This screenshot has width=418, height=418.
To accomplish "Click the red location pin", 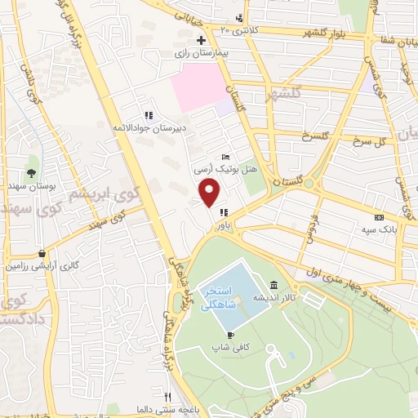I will coord(211,193).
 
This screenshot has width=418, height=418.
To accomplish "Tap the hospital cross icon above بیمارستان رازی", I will coord(201,40).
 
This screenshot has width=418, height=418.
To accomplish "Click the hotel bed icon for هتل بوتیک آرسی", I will coord(226,158).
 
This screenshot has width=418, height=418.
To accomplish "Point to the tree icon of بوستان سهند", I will coord(31,172).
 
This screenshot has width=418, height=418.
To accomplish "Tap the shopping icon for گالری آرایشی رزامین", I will coord(42,254).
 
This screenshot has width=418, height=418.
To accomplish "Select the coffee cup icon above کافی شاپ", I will coord(231,335).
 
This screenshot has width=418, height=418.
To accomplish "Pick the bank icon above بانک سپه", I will coord(378,218).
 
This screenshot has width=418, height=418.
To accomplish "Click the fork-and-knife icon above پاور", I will coord(223,213).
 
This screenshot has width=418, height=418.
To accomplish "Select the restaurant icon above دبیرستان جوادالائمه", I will coord(148,115).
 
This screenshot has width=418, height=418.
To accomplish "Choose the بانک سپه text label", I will coord(380,229).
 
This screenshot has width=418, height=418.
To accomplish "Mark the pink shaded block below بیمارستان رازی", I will coord(201,89).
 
